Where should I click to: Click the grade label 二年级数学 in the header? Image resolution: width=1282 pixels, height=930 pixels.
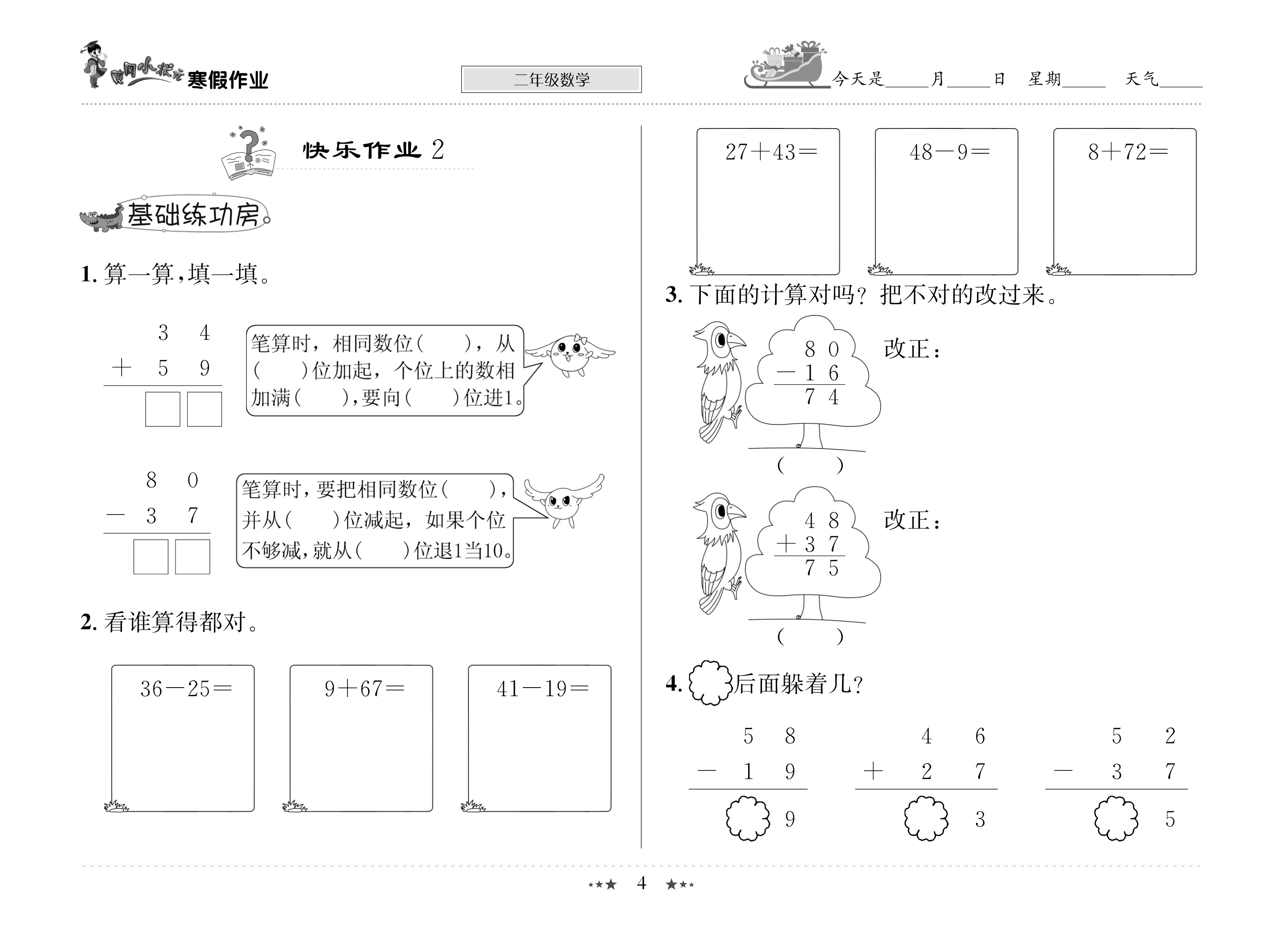(x=551, y=80)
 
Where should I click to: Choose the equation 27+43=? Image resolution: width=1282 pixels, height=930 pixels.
(x=771, y=152)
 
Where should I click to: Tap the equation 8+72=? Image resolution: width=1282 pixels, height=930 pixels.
(x=1128, y=152)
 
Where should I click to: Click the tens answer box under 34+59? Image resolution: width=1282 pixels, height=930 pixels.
(x=163, y=409)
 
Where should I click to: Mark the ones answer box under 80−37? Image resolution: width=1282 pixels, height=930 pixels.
(x=193, y=557)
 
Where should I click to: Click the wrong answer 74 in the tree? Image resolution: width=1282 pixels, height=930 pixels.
(x=821, y=397)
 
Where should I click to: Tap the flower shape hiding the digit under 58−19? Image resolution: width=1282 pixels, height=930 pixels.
(x=748, y=818)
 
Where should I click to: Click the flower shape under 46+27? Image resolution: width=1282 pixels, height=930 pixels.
(x=926, y=818)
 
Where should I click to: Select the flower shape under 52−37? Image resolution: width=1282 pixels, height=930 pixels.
(x=1116, y=818)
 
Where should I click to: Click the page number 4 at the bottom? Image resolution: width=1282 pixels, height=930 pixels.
(x=641, y=883)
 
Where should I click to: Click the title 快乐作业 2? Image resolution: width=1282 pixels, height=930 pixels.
(x=373, y=150)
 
